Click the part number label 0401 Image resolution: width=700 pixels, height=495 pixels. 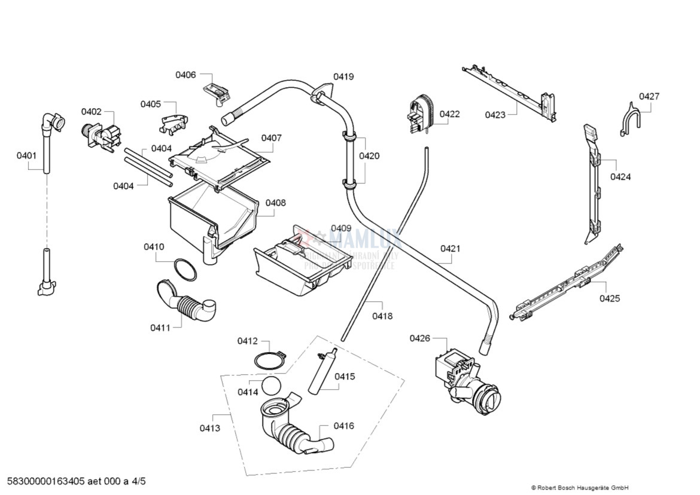26,155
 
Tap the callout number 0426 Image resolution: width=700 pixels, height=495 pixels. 419,338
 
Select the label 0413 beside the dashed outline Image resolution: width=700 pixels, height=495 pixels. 209,428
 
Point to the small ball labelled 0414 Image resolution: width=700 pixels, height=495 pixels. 271,386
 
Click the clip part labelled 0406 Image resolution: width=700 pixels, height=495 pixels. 217,92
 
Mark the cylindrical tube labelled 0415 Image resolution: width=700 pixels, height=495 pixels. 322,372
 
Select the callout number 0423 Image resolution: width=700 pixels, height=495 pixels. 495,115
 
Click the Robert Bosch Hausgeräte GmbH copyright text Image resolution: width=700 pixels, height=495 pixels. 579,488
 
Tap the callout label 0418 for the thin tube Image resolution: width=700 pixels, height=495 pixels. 382,316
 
